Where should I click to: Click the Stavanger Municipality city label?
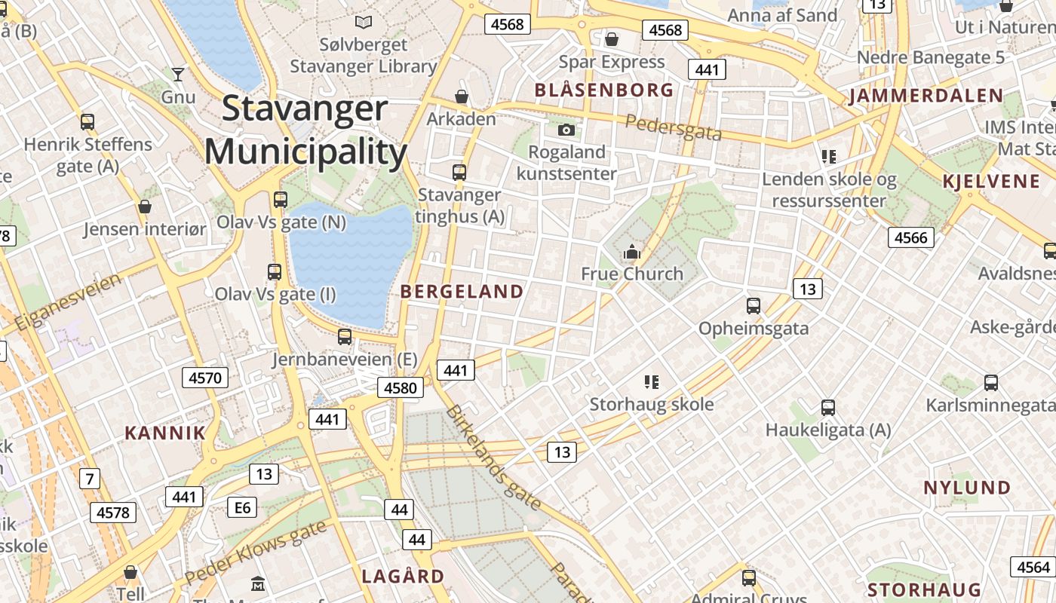tap(305, 130)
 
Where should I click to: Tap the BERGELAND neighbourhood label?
tap(462, 292)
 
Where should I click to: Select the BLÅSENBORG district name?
tap(604, 90)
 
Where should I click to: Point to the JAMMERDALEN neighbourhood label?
tap(926, 96)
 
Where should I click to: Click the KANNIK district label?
tap(164, 433)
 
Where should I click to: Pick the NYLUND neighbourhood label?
tap(967, 488)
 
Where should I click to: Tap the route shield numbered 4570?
tap(205, 377)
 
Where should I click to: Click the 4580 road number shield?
tap(400, 387)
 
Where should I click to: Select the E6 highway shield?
tap(242, 507)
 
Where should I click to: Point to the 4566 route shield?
tap(910, 237)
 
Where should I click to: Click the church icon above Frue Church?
tap(632, 252)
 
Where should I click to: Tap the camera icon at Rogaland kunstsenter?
tap(566, 130)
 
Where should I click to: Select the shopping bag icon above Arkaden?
tap(462, 97)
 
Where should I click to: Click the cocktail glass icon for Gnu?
tap(178, 74)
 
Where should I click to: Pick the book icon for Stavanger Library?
tap(364, 23)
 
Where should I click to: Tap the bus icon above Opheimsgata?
tap(753, 305)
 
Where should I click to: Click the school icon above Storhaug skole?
tap(652, 382)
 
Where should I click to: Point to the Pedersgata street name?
tap(674, 127)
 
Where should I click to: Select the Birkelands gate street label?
tap(493, 458)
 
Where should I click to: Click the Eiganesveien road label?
tap(68, 303)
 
